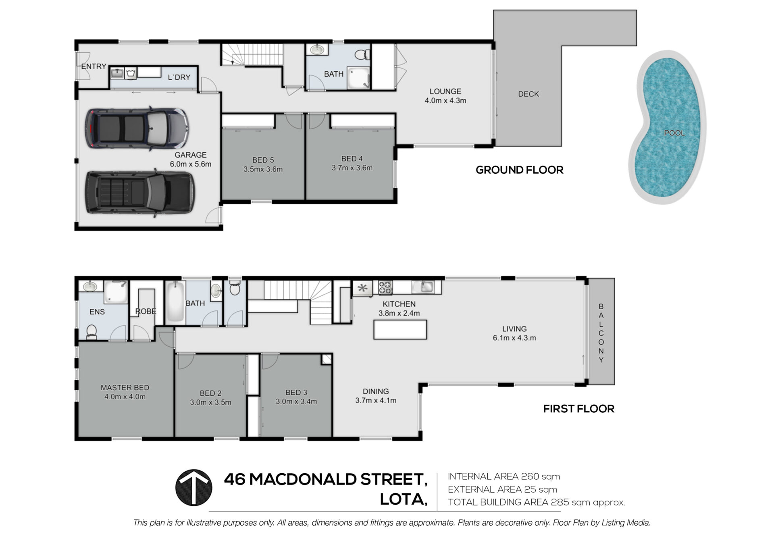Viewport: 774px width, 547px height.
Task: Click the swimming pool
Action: point(667,127)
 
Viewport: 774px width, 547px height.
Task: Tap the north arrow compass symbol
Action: point(194,487)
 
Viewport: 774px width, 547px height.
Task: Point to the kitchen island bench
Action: point(400,329)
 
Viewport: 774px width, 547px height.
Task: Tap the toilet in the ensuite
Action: point(92,332)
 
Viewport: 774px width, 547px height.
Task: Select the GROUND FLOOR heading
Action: point(519,170)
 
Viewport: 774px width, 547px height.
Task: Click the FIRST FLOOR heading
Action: point(578,409)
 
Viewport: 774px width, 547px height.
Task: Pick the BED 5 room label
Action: point(263,160)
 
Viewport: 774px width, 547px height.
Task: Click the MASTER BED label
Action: point(125,387)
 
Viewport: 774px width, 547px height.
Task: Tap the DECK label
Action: point(528,94)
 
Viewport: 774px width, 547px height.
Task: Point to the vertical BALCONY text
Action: point(601,333)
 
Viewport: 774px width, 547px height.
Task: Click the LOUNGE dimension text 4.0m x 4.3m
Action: point(445,101)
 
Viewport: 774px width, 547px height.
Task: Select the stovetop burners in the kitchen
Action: point(385,287)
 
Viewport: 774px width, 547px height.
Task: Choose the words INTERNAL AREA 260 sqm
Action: point(504,476)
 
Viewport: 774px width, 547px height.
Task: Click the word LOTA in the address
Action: point(404,499)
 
